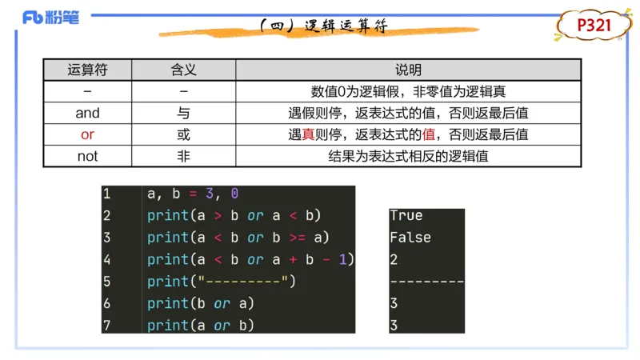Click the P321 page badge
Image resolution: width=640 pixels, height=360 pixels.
(x=594, y=26)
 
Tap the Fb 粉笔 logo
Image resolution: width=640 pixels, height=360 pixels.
(x=51, y=17)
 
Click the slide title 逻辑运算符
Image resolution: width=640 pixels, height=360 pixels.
(x=323, y=26)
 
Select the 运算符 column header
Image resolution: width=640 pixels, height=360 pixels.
(x=87, y=70)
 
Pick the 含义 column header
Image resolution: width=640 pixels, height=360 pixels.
(x=183, y=70)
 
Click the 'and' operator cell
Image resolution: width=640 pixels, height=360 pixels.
(x=87, y=113)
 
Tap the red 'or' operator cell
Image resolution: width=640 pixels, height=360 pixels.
(x=87, y=134)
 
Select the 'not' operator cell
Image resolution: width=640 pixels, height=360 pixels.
(x=87, y=156)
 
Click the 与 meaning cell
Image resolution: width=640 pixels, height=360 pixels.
(x=183, y=113)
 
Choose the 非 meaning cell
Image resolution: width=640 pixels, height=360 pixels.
(x=183, y=156)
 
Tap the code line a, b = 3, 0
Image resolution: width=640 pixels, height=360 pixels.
(x=193, y=194)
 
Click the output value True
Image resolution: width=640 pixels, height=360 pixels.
(x=406, y=215)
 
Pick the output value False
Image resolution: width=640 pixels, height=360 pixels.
(x=410, y=238)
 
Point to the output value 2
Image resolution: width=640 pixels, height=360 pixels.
(x=394, y=259)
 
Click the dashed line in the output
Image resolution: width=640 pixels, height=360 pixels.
(x=426, y=282)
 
